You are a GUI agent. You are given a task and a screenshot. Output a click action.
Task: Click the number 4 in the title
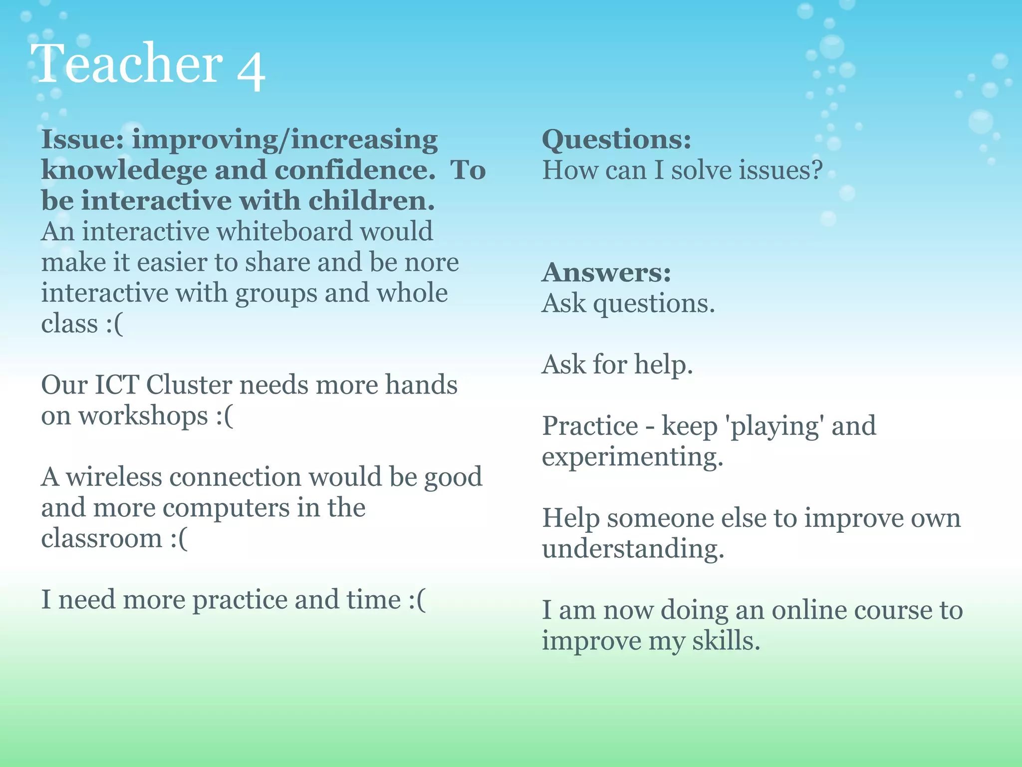(x=251, y=69)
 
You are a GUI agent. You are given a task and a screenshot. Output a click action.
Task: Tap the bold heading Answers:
(x=606, y=272)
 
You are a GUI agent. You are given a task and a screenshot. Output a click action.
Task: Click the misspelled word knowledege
(x=124, y=170)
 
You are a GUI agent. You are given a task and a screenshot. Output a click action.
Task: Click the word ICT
(x=117, y=385)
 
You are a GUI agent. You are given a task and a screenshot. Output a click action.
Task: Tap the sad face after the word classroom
(x=179, y=539)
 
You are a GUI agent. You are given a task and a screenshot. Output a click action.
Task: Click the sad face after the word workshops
(x=224, y=416)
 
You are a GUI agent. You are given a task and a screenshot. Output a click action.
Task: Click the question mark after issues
(x=816, y=170)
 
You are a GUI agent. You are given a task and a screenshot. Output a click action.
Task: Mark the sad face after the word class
(x=114, y=324)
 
